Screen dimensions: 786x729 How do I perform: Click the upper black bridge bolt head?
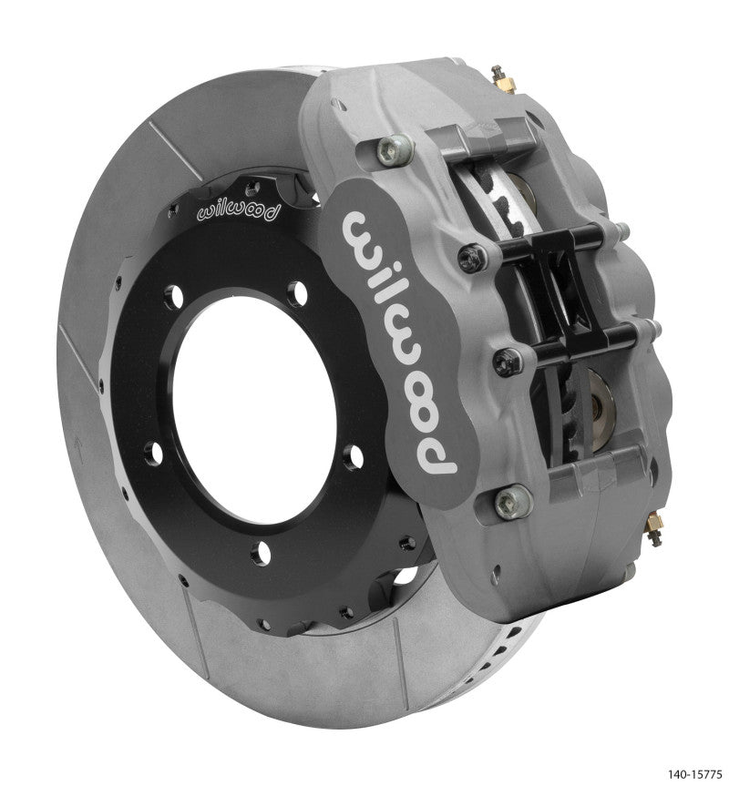click(x=471, y=258)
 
